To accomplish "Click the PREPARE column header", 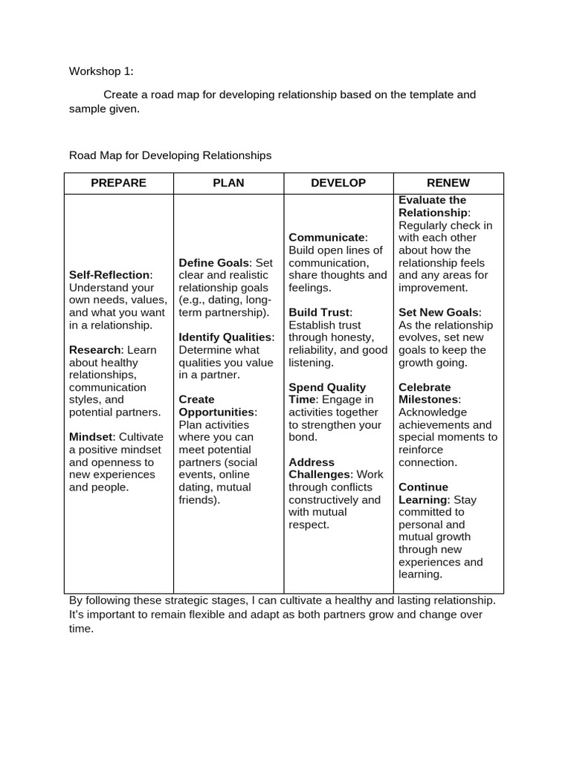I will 118,183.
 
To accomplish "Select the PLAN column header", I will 228,183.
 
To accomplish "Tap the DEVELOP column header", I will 338,183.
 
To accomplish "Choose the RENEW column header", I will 448,183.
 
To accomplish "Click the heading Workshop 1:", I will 101,71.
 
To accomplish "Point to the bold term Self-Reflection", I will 109,275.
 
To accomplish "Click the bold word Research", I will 94,350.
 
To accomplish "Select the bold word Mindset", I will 91,437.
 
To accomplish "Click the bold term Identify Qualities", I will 225,337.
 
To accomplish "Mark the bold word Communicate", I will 326,238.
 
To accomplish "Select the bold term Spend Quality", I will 327,387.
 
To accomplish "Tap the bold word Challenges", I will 320,474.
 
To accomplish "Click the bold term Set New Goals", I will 439,312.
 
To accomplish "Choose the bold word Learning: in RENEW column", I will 424,499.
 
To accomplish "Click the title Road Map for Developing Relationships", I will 170,155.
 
